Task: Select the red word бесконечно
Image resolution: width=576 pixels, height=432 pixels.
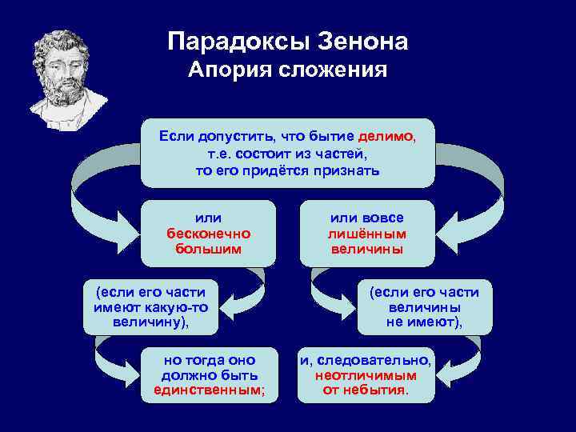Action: pos(208,234)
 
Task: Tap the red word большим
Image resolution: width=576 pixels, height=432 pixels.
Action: pos(208,249)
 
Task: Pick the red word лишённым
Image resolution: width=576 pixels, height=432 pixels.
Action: pos(367,234)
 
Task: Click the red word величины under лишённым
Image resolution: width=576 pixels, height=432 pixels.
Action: pos(367,249)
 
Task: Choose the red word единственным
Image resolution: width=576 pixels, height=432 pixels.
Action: pos(209,390)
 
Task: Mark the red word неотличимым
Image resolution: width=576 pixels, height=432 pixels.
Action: pos(366,374)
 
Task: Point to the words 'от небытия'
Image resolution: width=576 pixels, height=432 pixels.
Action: pos(366,390)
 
